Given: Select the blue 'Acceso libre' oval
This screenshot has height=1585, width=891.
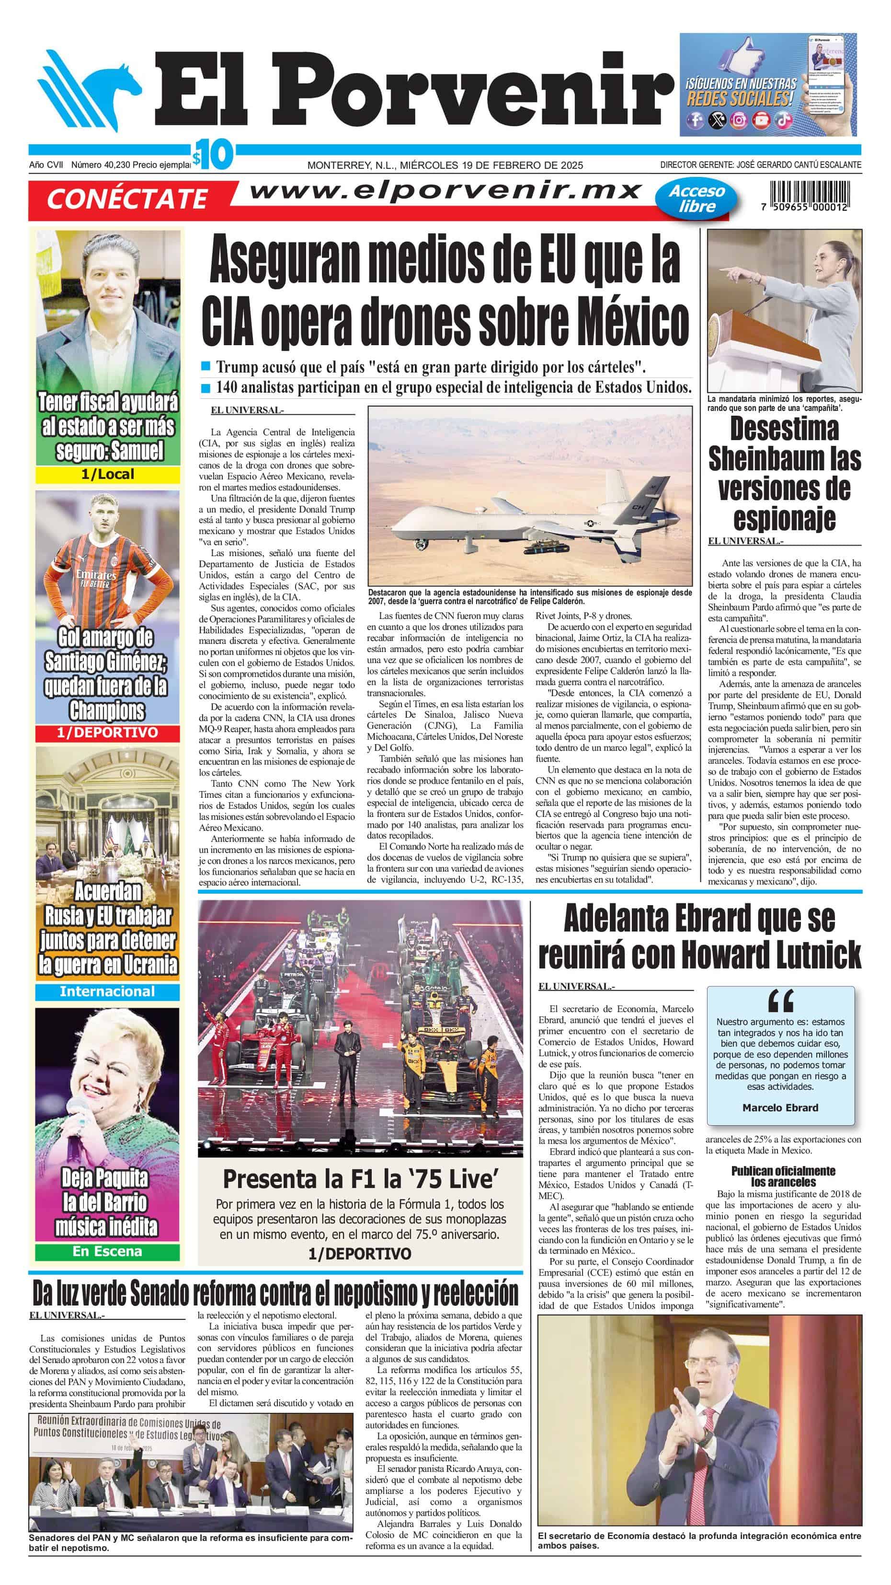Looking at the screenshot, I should (x=697, y=198).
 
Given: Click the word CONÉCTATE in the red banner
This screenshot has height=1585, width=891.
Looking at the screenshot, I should (x=126, y=199).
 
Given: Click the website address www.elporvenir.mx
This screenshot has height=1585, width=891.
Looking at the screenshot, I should (x=446, y=191).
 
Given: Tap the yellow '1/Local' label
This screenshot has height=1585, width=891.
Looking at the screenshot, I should (x=108, y=474).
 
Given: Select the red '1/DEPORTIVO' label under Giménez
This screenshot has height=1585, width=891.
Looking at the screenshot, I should (x=108, y=732).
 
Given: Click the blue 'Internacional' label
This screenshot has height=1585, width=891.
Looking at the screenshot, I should (x=108, y=991).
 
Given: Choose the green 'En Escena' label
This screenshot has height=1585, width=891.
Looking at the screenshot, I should (x=108, y=1251).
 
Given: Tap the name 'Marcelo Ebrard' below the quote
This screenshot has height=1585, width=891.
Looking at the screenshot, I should (x=780, y=1107).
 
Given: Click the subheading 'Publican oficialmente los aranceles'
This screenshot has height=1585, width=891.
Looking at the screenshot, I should (x=783, y=1176).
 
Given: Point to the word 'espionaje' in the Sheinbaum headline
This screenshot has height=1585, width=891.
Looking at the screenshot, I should (x=784, y=518).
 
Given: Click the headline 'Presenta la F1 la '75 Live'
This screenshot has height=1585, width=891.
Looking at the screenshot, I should (x=359, y=1179).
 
